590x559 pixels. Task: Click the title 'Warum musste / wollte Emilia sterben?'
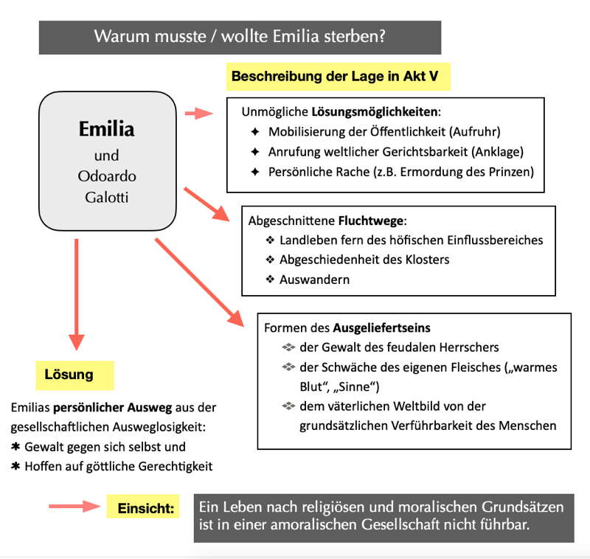click(240, 36)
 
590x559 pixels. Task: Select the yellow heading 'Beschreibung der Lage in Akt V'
click(335, 76)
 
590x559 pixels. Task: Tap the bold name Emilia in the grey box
click(106, 128)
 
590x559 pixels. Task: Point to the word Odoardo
click(107, 176)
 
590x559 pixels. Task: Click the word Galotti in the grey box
click(106, 197)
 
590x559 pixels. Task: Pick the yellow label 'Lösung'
click(69, 375)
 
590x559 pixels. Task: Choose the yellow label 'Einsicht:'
click(146, 508)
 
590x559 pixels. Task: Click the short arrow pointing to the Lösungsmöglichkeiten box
click(198, 113)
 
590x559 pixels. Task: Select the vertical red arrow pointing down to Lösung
click(77, 294)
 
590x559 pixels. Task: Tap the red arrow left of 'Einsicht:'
click(74, 507)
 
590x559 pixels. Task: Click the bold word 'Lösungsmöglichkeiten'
click(375, 111)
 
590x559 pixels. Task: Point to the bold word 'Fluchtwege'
click(371, 221)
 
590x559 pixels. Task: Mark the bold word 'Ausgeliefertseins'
click(381, 327)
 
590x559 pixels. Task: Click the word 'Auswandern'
click(315, 279)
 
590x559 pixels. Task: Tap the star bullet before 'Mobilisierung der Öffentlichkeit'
click(255, 132)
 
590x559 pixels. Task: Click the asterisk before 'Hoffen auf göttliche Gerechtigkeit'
click(15, 466)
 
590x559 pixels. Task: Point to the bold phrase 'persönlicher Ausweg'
click(113, 407)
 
